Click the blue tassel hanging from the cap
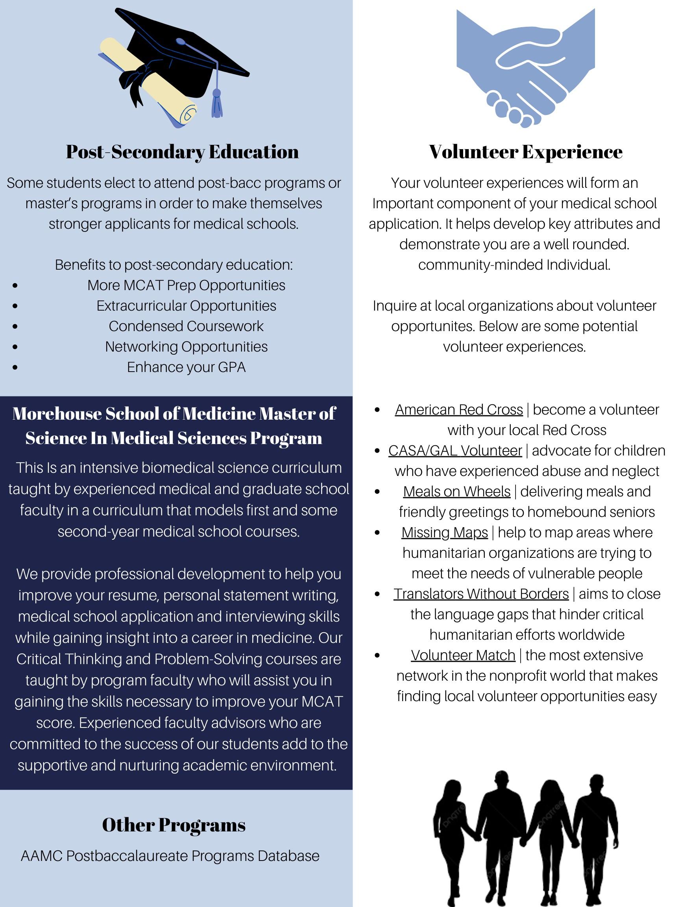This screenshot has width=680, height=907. [216, 105]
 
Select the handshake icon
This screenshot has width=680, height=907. [525, 68]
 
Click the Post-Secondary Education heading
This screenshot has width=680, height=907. [183, 152]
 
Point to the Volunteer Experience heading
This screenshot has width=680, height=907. [525, 152]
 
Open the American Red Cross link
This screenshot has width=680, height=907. [459, 410]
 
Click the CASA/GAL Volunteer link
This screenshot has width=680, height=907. [455, 451]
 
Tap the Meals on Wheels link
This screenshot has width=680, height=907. [456, 492]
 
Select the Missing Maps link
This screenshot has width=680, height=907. [444, 533]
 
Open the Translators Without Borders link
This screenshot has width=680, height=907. [481, 594]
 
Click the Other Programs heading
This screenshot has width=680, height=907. [174, 825]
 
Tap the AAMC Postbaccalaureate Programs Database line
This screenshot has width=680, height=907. [170, 856]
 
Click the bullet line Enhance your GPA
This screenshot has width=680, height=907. [186, 367]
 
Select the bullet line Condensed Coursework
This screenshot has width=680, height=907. [186, 326]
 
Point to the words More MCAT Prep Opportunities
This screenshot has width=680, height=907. [186, 285]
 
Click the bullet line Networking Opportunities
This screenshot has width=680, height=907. [186, 347]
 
